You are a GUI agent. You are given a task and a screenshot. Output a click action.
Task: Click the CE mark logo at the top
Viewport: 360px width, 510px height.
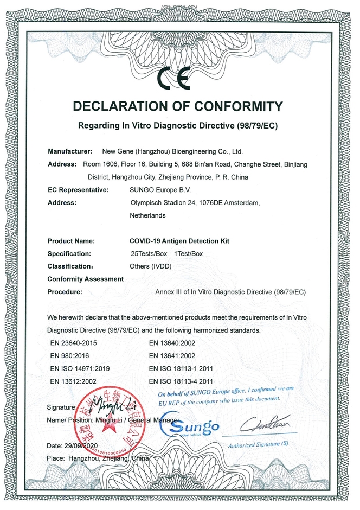pyautogui.click(x=173, y=79)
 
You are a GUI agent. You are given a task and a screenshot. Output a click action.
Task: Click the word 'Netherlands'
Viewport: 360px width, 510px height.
pyautogui.click(x=147, y=215)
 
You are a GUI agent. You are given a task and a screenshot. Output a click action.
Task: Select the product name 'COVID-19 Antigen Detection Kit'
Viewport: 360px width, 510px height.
pyautogui.click(x=179, y=241)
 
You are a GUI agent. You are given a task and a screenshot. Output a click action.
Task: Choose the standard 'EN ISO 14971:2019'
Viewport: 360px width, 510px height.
pyautogui.click(x=80, y=368)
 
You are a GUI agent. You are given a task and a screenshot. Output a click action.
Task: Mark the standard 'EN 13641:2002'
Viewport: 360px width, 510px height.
pyautogui.click(x=173, y=355)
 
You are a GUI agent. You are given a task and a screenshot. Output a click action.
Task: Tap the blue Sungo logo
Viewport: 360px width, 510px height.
pyautogui.click(x=190, y=426)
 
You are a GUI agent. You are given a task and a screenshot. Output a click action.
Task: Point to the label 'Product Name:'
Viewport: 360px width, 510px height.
pyautogui.click(x=71, y=241)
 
